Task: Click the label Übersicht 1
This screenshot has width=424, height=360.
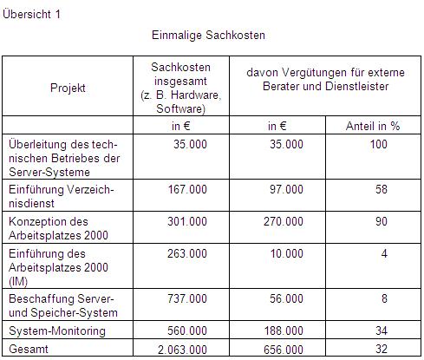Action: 32,14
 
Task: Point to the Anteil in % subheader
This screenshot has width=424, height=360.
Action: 373,126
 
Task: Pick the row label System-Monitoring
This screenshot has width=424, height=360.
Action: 56,331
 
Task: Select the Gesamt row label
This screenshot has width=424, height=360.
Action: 26,348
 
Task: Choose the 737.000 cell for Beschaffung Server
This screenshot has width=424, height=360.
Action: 187,298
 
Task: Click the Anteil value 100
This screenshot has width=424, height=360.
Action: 378,144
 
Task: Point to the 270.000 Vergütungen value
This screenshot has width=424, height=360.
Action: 284,221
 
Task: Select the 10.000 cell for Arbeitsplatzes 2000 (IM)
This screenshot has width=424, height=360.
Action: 287,254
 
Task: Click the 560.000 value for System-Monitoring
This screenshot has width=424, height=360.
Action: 187,331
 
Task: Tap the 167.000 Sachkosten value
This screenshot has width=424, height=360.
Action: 187,188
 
